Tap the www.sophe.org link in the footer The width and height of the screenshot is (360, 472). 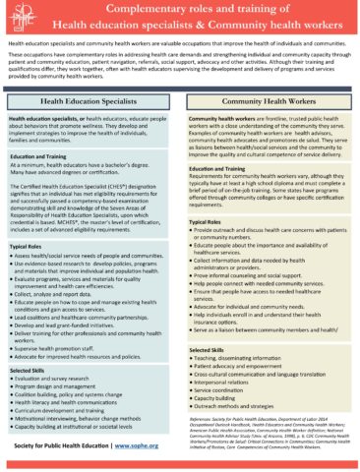pyautogui.click(x=140, y=446)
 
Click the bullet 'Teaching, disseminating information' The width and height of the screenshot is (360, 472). pyautogui.click(x=252, y=359)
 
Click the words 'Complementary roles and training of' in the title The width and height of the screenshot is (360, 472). pyautogui.click(x=180, y=10)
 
